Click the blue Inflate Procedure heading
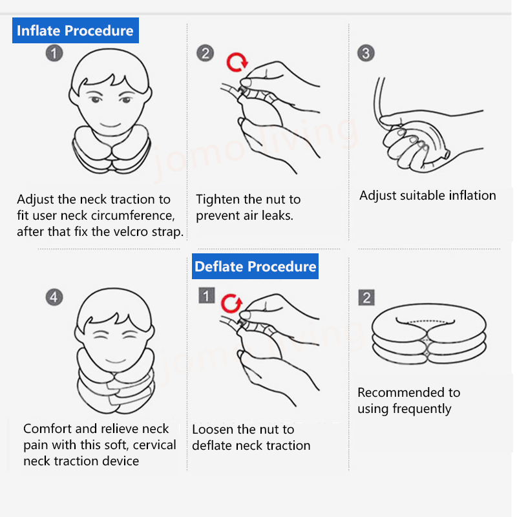pos(76,30)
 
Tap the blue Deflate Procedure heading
pos(255,266)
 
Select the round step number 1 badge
pos(54,53)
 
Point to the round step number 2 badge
pos(205,53)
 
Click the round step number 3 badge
pos(366,53)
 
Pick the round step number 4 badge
pos(54,297)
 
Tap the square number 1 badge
pos(206,295)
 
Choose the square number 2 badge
pos(366,298)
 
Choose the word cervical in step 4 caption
pos(154,445)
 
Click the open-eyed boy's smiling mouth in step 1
pos(110,125)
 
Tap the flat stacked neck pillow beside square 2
pos(429,333)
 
